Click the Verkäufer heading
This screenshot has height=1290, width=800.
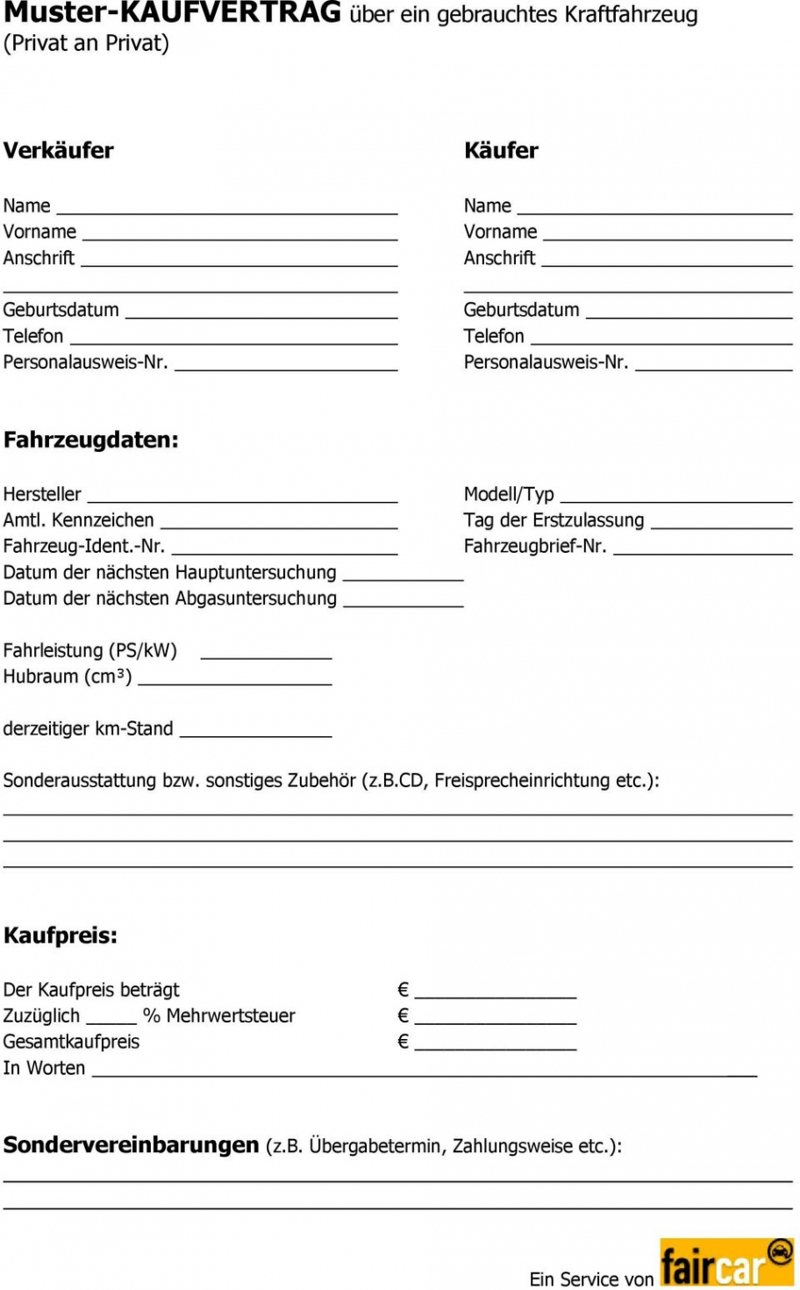point(59,151)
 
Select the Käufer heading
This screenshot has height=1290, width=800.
point(501,151)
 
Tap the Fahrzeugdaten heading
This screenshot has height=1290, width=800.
point(90,440)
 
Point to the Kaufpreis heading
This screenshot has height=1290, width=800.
point(61,935)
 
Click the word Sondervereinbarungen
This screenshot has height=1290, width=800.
point(132,1145)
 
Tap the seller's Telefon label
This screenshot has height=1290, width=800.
point(33,336)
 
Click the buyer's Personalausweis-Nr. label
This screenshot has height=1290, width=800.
point(546,362)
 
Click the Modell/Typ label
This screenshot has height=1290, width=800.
point(509,494)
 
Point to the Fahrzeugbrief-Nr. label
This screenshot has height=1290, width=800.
point(535,546)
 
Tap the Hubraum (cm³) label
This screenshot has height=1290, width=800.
point(68,677)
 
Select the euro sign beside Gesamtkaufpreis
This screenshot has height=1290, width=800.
point(404,1042)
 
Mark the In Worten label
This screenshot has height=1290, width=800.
point(44,1068)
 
